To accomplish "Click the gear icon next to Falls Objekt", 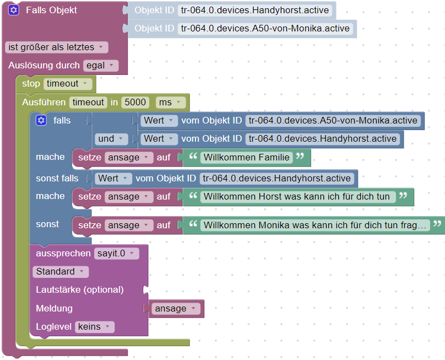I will pyautogui.click(x=14, y=10).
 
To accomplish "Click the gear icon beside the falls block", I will pyautogui.click(x=41, y=120).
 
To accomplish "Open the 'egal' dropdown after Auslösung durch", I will pyautogui.click(x=101, y=66).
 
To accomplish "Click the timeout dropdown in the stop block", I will pyautogui.click(x=69, y=84).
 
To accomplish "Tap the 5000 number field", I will pyautogui.click(x=135, y=102).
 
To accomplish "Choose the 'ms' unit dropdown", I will pyautogui.click(x=171, y=102).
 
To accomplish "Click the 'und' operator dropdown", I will pyautogui.click(x=112, y=138).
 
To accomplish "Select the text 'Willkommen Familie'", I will pyautogui.click(x=246, y=158).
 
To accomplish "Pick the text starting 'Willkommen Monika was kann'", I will pyautogui.click(x=315, y=225).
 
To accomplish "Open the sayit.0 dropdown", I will pyautogui.click(x=116, y=254).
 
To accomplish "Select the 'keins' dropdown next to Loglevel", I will pyautogui.click(x=95, y=326).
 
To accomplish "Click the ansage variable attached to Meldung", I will pyautogui.click(x=176, y=309).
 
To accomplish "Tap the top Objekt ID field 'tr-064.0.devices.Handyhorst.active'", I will pyautogui.click(x=255, y=10).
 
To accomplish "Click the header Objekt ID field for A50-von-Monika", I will pyautogui.click(x=265, y=28).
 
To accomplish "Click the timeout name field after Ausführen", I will pyautogui.click(x=88, y=102).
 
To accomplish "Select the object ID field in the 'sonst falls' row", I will pyautogui.click(x=276, y=178).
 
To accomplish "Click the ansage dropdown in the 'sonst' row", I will pyautogui.click(x=129, y=225).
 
